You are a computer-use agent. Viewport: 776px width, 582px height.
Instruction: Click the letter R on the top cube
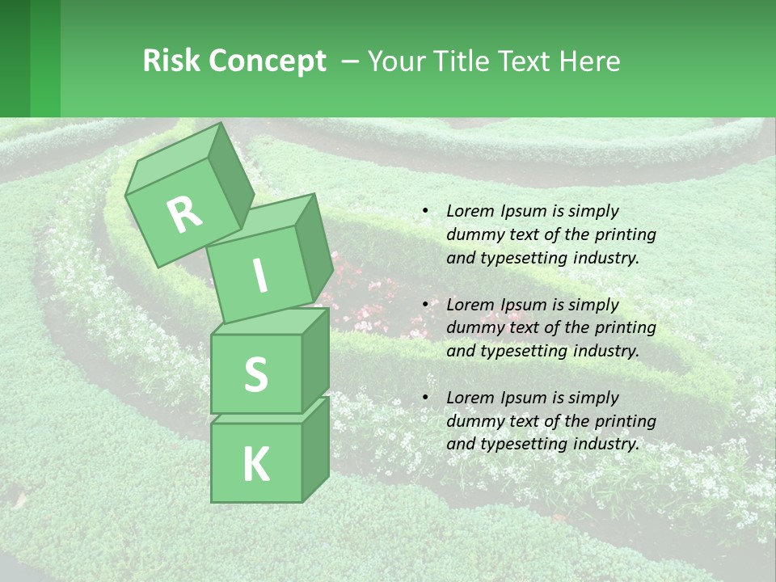tap(184, 215)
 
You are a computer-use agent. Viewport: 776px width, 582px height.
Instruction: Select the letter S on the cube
tap(255, 375)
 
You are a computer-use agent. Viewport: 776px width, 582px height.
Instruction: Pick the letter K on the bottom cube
tap(255, 464)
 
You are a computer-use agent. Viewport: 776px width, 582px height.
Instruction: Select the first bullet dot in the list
tap(425, 211)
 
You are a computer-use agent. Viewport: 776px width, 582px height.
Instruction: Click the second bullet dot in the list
tap(425, 305)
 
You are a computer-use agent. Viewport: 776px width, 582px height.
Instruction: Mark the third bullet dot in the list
tap(425, 398)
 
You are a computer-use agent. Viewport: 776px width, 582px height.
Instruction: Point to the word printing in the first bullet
tap(626, 234)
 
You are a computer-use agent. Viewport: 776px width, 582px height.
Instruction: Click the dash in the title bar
tap(351, 62)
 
